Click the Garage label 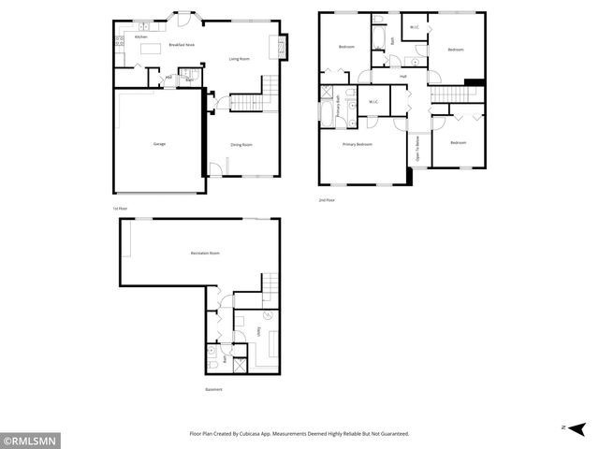159,144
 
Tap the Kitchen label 140,36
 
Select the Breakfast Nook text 182,45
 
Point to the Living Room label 240,59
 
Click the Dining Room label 242,144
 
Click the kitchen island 151,48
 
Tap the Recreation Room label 204,253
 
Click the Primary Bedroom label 358,145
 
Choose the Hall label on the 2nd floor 402,77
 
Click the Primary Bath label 338,109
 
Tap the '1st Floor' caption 119,208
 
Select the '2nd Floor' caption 327,200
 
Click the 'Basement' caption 214,389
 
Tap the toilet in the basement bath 213,355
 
